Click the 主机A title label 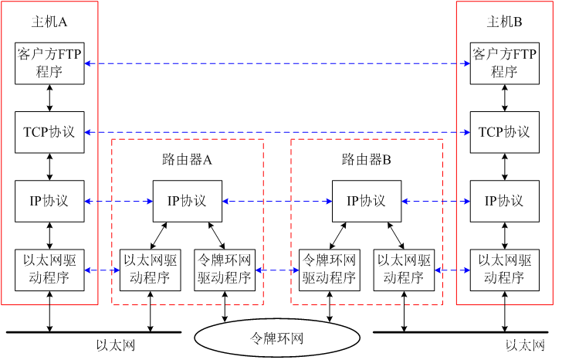click(x=49, y=22)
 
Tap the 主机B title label click(x=504, y=22)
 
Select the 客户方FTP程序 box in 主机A click(x=49, y=63)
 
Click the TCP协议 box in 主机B click(x=505, y=132)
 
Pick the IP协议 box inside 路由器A click(x=188, y=201)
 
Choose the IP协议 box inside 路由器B click(x=367, y=201)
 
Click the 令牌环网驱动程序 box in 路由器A click(x=225, y=270)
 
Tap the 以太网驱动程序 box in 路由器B click(x=404, y=270)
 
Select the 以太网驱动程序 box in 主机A click(x=49, y=270)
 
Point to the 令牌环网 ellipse click(x=277, y=338)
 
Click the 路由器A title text click(x=187, y=159)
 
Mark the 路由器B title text click(x=366, y=159)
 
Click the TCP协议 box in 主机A click(x=49, y=132)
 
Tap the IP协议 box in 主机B click(x=505, y=201)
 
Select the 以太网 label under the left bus click(x=116, y=345)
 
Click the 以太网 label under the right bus click(x=525, y=345)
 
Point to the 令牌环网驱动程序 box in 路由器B click(x=330, y=270)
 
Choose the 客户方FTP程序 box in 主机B click(x=505, y=63)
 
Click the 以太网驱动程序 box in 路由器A click(x=151, y=270)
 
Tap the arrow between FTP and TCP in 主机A click(x=50, y=98)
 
